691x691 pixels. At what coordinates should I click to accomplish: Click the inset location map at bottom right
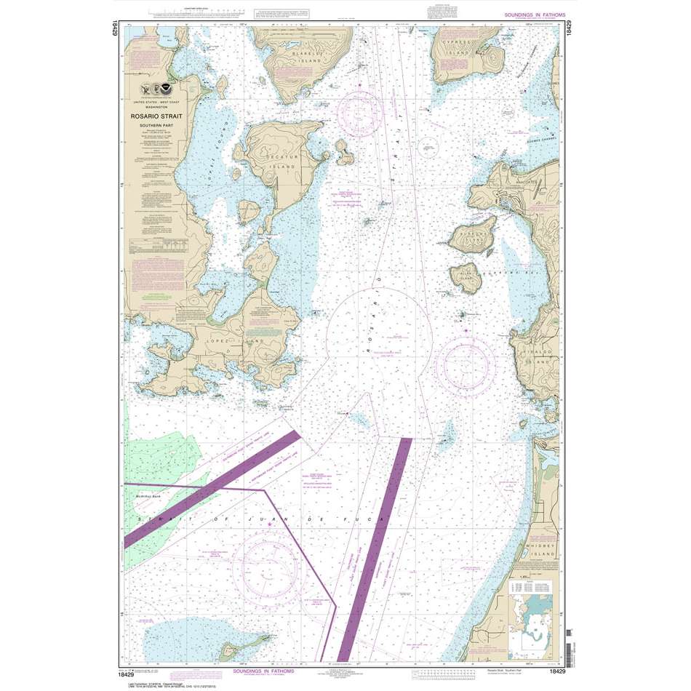pos(530,622)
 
